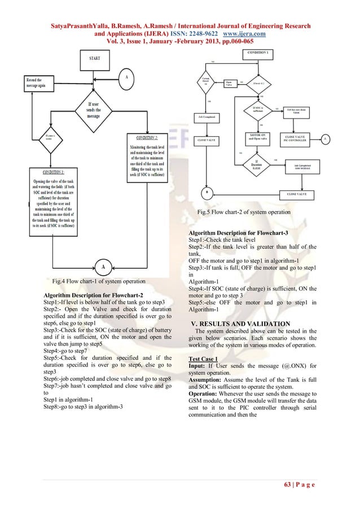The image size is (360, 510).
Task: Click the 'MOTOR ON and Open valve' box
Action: [258, 138]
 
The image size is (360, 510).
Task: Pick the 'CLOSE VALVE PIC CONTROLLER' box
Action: [296, 138]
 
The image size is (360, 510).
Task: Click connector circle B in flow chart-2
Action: [207, 191]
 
